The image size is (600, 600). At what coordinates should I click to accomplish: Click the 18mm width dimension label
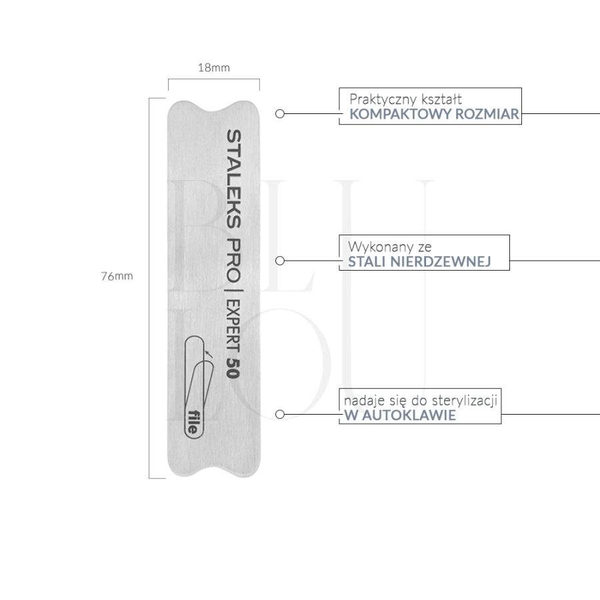click(x=213, y=68)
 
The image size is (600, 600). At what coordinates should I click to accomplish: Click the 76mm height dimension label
click(x=117, y=276)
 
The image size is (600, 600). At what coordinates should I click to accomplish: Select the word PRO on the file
click(x=233, y=260)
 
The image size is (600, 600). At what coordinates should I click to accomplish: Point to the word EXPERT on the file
click(x=233, y=326)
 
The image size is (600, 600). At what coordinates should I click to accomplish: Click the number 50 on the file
click(x=233, y=368)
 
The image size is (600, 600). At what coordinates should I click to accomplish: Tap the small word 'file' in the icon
click(x=194, y=422)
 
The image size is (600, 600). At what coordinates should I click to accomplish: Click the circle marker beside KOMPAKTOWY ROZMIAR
click(x=280, y=113)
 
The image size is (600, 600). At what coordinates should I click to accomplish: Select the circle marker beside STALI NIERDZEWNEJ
click(x=280, y=261)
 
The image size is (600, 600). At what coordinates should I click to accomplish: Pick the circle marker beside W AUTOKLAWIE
click(x=280, y=414)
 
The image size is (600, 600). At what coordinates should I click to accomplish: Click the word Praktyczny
click(x=383, y=99)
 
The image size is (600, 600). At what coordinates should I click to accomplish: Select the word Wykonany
click(x=378, y=247)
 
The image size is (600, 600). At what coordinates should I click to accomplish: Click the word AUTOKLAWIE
click(x=409, y=415)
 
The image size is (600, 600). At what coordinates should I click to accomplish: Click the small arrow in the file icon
click(x=209, y=353)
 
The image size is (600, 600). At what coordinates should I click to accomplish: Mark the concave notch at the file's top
click(x=213, y=107)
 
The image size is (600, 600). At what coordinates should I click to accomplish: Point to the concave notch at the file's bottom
click(x=213, y=471)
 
